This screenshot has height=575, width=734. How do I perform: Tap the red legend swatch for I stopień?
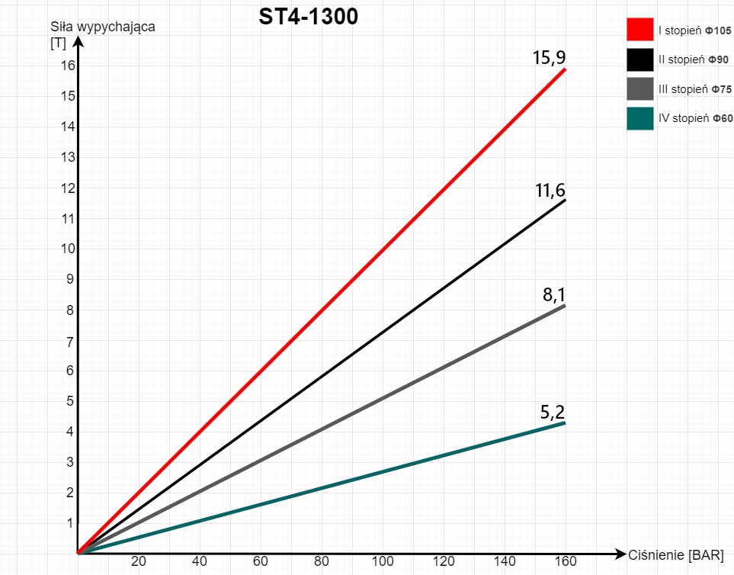(x=640, y=30)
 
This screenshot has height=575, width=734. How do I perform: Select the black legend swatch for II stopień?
(x=640, y=59)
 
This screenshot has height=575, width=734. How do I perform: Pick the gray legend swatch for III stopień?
(x=640, y=88)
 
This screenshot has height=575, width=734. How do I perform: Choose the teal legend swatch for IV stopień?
(x=640, y=118)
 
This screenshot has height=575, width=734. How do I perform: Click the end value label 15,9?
(x=549, y=57)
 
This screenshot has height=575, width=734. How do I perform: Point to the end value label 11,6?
(x=550, y=191)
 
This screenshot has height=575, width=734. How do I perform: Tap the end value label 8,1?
(x=554, y=296)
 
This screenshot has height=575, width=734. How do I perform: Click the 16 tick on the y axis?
(x=69, y=66)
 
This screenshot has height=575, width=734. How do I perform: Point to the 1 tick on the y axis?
(x=69, y=523)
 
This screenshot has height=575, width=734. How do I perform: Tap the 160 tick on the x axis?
(x=565, y=562)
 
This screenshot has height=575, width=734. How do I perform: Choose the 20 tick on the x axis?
(x=139, y=562)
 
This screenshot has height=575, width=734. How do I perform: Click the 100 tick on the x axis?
(x=382, y=562)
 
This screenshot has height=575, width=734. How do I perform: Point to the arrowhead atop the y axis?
(x=78, y=42)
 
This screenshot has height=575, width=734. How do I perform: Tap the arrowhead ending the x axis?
(x=620, y=552)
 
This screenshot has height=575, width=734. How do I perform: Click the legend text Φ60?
(x=723, y=118)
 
